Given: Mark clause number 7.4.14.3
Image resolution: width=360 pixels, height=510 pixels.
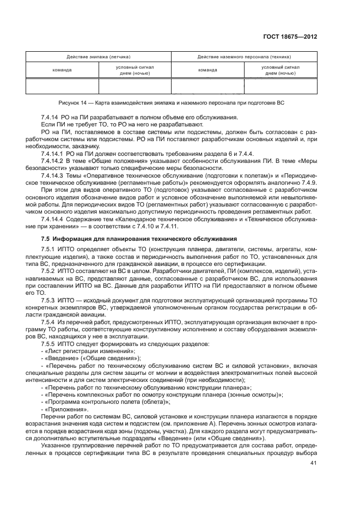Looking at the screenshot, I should coord(53,177).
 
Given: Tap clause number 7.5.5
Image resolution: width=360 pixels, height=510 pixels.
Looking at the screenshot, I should coord(50,344).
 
